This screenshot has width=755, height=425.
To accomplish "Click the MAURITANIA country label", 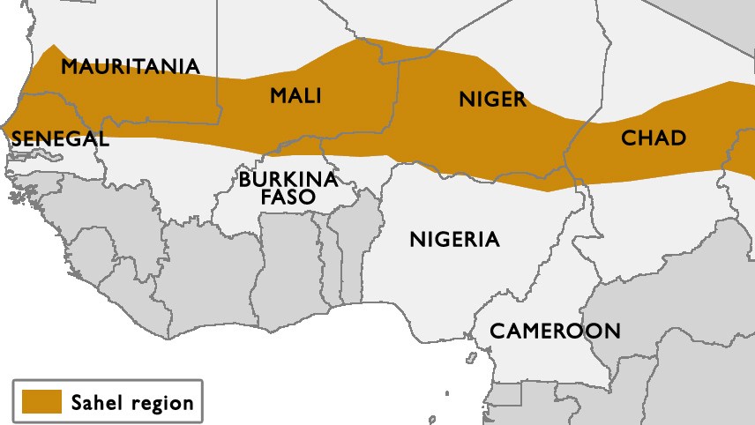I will click(x=130, y=67).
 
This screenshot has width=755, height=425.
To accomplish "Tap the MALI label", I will click(x=295, y=95).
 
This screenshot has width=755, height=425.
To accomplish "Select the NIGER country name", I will click(x=492, y=99).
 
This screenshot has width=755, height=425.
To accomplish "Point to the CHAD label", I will click(x=654, y=138).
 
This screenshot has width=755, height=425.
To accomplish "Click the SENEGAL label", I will click(x=60, y=139).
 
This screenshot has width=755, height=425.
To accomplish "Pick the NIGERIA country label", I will click(x=454, y=239).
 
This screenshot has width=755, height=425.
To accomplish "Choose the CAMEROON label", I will click(x=555, y=332).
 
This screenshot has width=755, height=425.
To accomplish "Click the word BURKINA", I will click(x=288, y=180).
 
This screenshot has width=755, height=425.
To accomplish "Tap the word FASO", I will click(x=288, y=198).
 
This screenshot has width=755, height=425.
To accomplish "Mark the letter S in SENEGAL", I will click(x=17, y=139).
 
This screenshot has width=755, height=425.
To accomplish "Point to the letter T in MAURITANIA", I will click(x=149, y=67).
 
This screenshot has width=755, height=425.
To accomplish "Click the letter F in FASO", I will click(x=267, y=198).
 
